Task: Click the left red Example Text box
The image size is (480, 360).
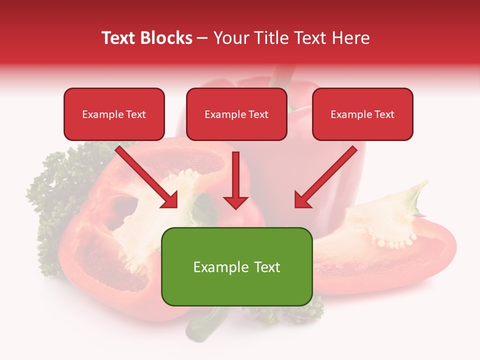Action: [114, 114]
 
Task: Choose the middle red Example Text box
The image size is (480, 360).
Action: [236, 114]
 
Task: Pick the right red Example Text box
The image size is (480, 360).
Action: [362, 114]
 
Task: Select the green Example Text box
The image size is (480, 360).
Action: [236, 266]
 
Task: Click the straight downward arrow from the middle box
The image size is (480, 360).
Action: [235, 180]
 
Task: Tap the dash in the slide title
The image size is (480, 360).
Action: [202, 38]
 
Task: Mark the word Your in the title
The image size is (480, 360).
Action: [231, 38]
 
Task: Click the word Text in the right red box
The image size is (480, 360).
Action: [384, 114]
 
